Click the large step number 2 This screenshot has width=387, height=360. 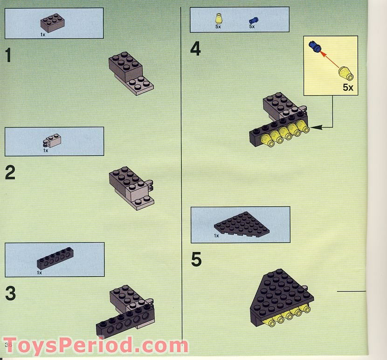coord(10,173)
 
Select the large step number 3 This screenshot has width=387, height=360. coord(10,293)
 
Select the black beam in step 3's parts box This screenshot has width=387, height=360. coord(55,259)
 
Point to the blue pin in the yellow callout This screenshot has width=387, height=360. coord(315,47)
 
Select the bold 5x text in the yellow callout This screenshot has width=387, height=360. coord(348,87)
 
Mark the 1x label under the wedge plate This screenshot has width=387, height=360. coord(216,236)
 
